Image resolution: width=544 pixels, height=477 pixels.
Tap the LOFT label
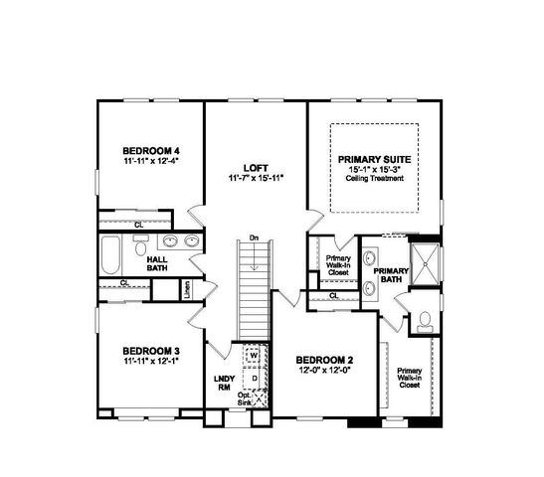(x=257, y=167)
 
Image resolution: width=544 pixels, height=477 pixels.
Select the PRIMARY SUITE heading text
(x=374, y=158)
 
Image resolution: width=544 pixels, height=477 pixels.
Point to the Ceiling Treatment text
(x=374, y=178)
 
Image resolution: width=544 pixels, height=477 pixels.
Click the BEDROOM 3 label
(x=150, y=351)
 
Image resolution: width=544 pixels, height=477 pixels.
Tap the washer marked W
(x=254, y=355)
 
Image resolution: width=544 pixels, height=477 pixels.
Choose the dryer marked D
(x=254, y=378)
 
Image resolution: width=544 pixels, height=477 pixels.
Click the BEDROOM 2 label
(x=325, y=359)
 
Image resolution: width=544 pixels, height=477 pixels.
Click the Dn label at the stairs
(x=255, y=238)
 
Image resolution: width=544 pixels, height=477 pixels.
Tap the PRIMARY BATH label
(x=392, y=275)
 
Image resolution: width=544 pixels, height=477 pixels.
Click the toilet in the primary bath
(x=425, y=320)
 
